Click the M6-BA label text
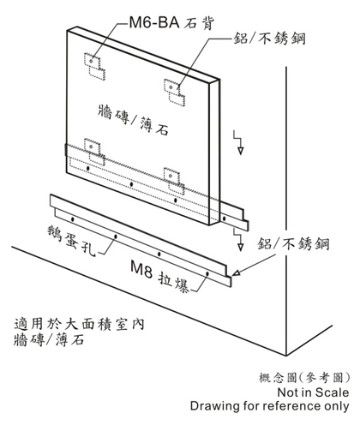pyautogui.click(x=154, y=22)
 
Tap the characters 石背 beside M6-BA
pyautogui.click(x=199, y=23)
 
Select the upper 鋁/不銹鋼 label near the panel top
pyautogui.click(x=270, y=39)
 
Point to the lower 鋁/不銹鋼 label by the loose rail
pyautogui.click(x=293, y=243)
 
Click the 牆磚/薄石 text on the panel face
pyautogui.click(x=133, y=119)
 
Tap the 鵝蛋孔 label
pyautogui.click(x=71, y=241)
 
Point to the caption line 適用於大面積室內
pyautogui.click(x=80, y=324)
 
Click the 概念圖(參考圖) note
pyautogui.click(x=304, y=378)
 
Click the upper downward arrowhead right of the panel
pyautogui.click(x=241, y=151)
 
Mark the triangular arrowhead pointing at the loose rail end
pyautogui.click(x=237, y=272)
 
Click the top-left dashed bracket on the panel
pyautogui.click(x=94, y=66)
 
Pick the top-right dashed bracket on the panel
pyautogui.click(x=174, y=93)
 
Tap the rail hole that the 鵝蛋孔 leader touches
pyautogui.click(x=116, y=236)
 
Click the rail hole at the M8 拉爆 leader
pyautogui.click(x=207, y=273)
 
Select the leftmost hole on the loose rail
pyautogui.click(x=73, y=219)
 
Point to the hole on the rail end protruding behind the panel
pyautogui.click(x=225, y=218)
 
